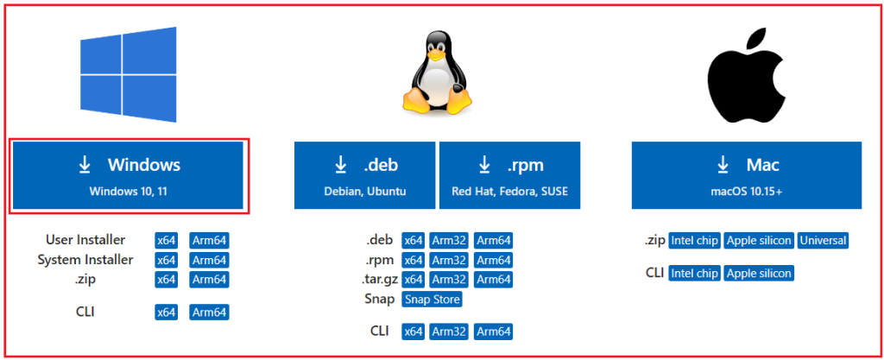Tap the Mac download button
click(x=747, y=175)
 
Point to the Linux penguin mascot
click(x=438, y=76)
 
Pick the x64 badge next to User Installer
click(x=167, y=240)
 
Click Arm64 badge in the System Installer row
click(x=209, y=260)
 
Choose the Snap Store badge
click(x=432, y=300)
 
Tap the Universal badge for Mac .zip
click(x=823, y=241)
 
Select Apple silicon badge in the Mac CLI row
click(x=758, y=274)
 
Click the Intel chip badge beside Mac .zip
click(x=694, y=241)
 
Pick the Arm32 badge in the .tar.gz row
click(x=449, y=280)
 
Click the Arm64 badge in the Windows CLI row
click(x=209, y=313)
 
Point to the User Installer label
click(x=85, y=240)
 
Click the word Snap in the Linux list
click(x=379, y=299)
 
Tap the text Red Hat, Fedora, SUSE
click(x=509, y=192)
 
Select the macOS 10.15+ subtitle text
click(x=747, y=192)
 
